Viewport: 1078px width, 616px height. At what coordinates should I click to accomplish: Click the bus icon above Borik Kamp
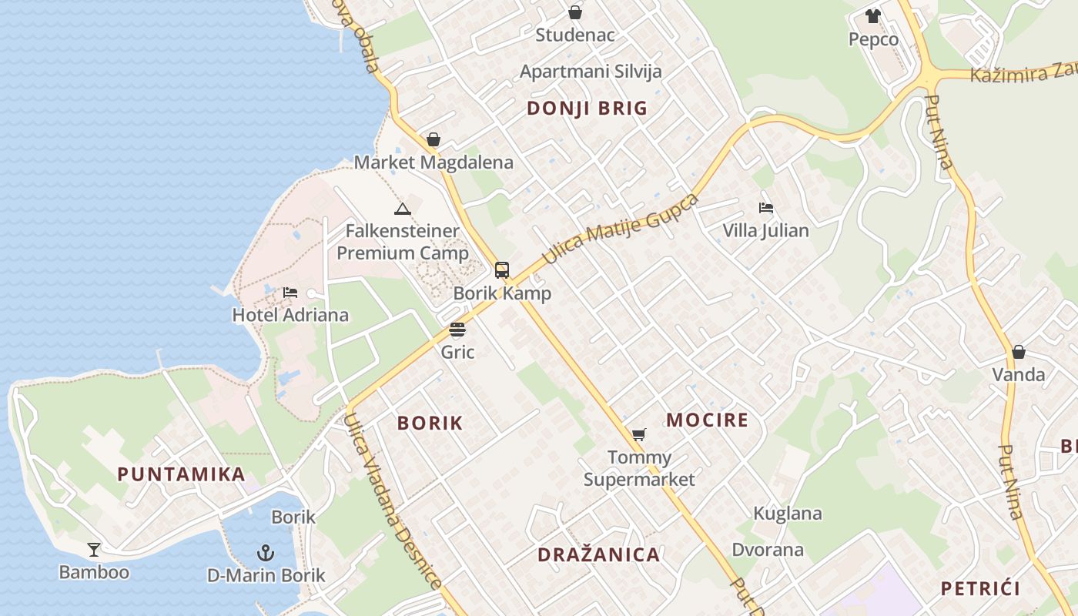[x=502, y=270]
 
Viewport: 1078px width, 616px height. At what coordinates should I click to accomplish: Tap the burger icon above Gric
[x=457, y=330]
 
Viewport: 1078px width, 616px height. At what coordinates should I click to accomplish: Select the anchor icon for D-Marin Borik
[x=266, y=553]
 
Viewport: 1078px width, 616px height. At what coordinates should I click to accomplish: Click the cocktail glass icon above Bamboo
[x=94, y=550]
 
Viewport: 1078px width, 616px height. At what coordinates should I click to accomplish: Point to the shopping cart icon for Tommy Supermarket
[x=638, y=435]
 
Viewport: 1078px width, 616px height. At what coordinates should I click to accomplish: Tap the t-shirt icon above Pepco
[x=872, y=16]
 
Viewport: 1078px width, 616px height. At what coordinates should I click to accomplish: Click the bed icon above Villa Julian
[x=765, y=208]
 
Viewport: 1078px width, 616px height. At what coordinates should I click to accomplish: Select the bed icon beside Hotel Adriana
[x=290, y=293]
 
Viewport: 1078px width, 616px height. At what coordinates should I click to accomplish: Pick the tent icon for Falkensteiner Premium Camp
[x=402, y=209]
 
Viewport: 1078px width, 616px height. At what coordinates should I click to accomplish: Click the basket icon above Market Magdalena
[x=434, y=139]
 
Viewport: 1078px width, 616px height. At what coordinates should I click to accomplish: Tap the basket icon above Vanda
[x=1019, y=352]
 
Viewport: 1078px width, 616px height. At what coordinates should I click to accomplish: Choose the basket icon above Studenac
[x=575, y=12]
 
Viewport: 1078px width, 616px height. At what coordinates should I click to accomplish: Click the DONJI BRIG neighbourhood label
[x=587, y=109]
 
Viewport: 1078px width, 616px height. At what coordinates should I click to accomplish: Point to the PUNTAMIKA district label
[x=181, y=474]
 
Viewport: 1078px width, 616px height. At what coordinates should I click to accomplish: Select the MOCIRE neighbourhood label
[x=707, y=420]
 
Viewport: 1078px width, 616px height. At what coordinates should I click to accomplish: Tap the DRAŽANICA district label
[x=598, y=554]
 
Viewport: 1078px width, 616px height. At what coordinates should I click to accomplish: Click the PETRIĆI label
[x=980, y=589]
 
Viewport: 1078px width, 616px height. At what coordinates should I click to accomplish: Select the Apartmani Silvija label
[x=591, y=72]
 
